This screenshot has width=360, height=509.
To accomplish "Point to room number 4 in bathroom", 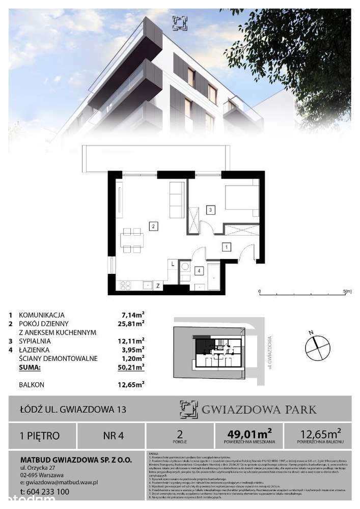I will (200, 271).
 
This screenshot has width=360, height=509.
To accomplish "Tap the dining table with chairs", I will (132, 240).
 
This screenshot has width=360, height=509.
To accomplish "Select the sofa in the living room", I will (177, 200).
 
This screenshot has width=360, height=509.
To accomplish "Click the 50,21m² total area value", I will (131, 366).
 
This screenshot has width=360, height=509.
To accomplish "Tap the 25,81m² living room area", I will (131, 323).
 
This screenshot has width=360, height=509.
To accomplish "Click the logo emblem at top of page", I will (180, 21).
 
